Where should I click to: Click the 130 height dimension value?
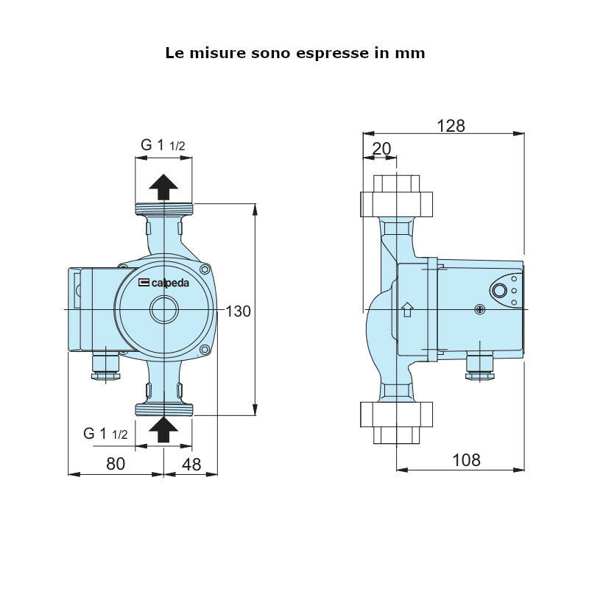238,311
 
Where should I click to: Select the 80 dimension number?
116,463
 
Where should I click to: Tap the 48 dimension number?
191,463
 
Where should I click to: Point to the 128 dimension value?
451,125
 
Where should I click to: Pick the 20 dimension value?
381,149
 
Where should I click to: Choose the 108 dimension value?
465,460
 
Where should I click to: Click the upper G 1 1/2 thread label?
163,145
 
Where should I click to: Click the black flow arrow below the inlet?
163,429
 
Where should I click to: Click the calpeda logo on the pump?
162,282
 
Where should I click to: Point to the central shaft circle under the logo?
163,310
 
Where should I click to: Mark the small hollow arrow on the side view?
406,309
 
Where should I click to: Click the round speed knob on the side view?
500,290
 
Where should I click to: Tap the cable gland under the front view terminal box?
105,367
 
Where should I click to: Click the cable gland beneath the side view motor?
479,367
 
